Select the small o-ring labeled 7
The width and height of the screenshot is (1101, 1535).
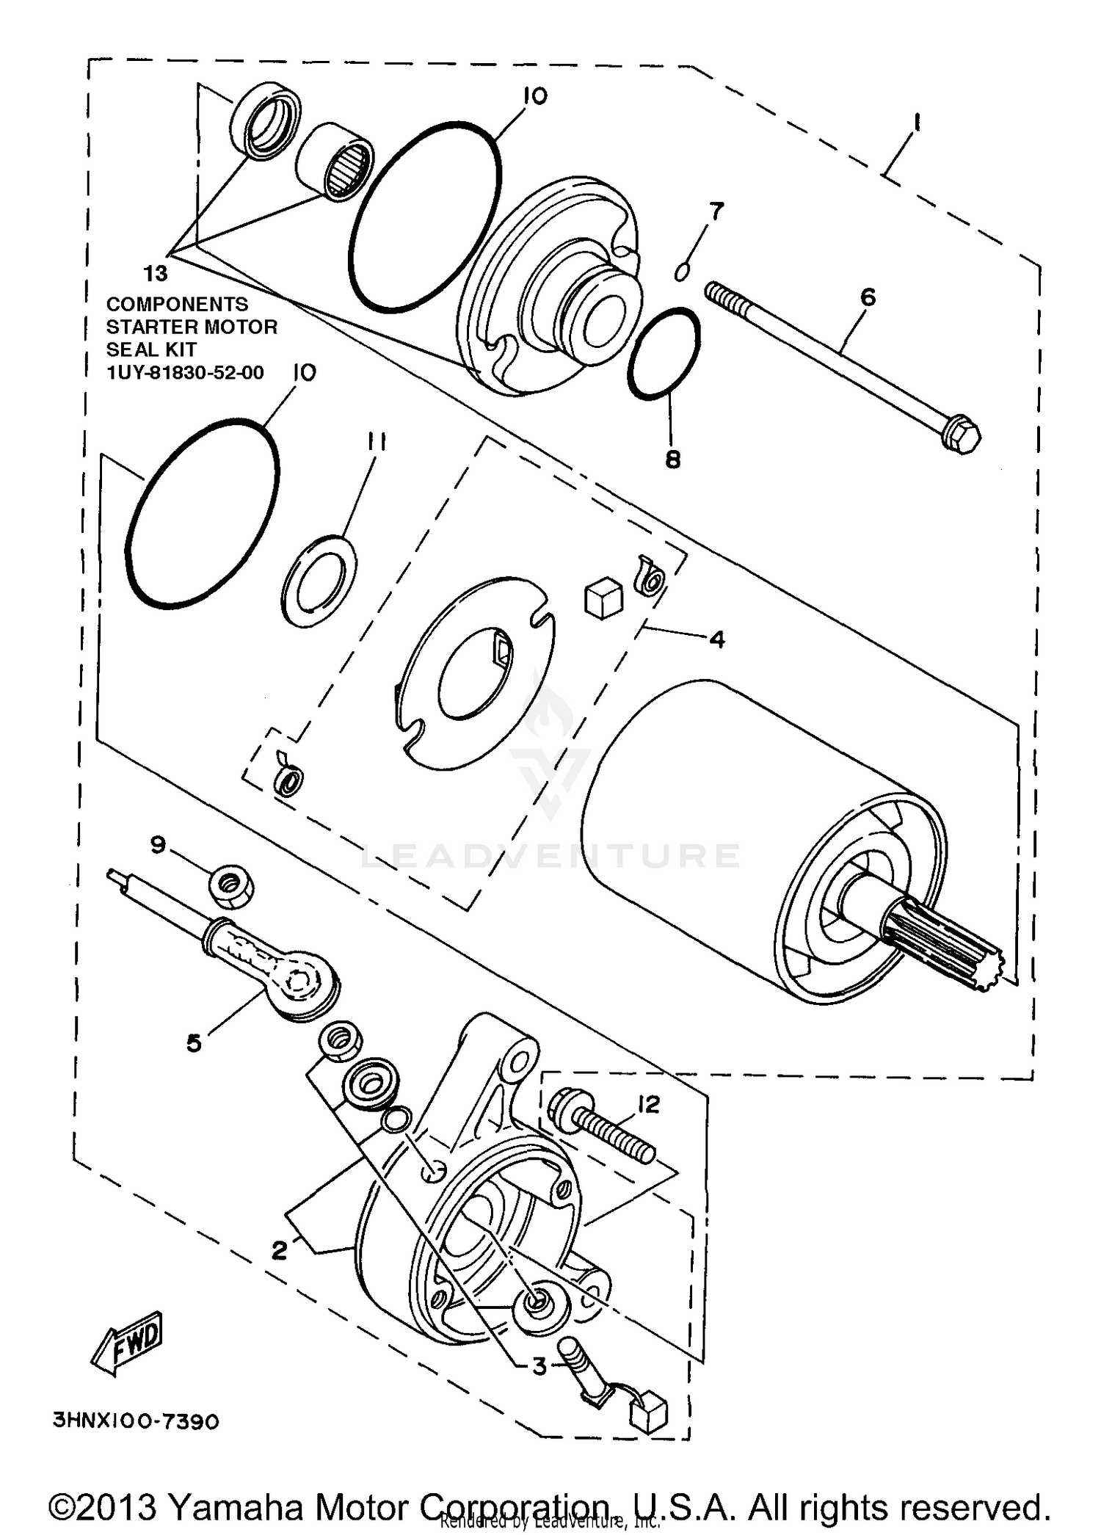pos(681,272)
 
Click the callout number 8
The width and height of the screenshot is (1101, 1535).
pos(672,460)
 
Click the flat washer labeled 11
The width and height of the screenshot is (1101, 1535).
pos(319,581)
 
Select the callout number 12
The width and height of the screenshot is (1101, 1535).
pos(649,1104)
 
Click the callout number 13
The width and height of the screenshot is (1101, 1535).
pos(156,274)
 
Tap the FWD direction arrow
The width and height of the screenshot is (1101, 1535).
pos(127,1343)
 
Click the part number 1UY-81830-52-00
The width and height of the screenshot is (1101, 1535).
pos(185,372)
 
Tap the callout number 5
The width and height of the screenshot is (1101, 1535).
pos(194,1042)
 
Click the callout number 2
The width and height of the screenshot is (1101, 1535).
pos(279,1250)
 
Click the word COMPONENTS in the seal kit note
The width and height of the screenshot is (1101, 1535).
pos(177,304)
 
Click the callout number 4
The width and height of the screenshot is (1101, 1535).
pos(716,639)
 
